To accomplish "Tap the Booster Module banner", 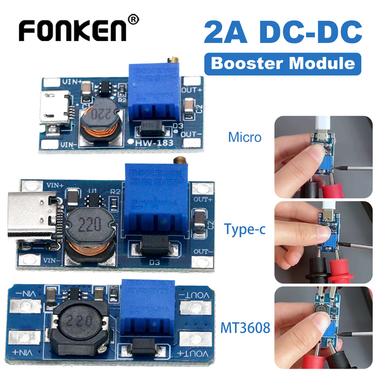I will tap(282, 64).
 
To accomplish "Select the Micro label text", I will tap(245, 137).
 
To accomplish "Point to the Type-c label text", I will tap(245, 229).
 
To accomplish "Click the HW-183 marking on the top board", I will tap(155, 142).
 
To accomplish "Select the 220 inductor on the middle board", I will tap(89, 224).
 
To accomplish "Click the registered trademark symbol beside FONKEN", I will tap(134, 19).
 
